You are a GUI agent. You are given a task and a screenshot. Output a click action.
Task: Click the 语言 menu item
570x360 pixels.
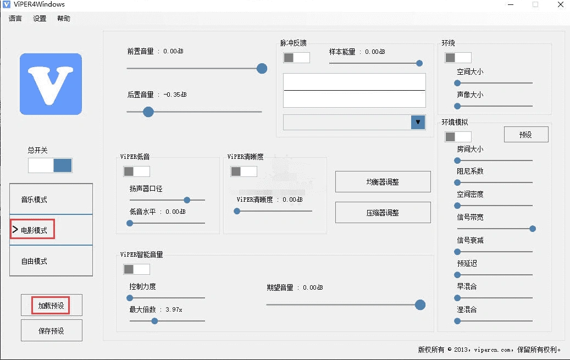point(15,18)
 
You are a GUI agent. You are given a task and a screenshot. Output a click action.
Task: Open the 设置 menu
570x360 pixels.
point(40,18)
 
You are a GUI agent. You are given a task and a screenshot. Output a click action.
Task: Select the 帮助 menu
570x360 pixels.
point(63,18)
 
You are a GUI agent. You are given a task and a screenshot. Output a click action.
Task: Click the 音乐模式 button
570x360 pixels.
point(51,200)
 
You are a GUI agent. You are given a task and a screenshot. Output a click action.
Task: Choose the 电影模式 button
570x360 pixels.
point(51,230)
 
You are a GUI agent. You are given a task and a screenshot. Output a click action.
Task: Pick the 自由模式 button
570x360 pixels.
point(51,261)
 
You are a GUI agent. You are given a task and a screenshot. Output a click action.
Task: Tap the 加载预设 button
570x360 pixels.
point(51,305)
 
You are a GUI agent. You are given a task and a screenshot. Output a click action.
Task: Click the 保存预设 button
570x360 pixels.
point(51,331)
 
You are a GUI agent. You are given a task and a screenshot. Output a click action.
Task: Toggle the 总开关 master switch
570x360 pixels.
point(50,165)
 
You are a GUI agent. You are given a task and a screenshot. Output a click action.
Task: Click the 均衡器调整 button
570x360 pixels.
point(383,182)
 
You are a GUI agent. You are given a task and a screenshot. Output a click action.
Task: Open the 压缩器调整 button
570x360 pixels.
point(383,213)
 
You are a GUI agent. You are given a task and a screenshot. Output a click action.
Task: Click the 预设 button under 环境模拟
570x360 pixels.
point(526,134)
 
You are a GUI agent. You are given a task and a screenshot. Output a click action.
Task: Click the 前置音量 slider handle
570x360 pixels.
point(262,68)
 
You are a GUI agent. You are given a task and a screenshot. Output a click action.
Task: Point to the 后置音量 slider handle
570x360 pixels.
point(148,112)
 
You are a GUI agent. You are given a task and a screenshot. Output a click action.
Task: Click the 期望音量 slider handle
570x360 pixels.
point(420,304)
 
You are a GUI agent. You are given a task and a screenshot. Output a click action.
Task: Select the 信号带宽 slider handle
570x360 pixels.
point(532,229)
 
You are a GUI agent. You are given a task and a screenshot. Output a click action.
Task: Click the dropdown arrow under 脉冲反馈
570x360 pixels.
point(418,122)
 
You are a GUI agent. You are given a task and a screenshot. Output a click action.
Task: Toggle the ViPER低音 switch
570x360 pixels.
point(136,171)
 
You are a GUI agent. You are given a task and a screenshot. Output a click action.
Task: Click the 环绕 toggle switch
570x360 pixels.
point(458,58)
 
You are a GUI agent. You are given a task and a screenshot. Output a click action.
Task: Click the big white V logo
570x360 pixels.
point(51,84)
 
